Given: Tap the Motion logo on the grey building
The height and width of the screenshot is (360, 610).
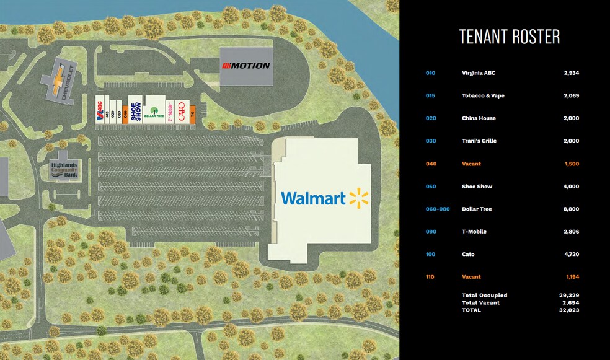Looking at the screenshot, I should pyautogui.click(x=246, y=66).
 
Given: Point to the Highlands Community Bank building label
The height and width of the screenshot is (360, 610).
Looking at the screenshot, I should pyautogui.click(x=64, y=169).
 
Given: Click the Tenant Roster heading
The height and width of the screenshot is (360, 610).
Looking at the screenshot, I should pyautogui.click(x=509, y=37).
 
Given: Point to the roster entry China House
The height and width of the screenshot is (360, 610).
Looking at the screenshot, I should pyautogui.click(x=479, y=118).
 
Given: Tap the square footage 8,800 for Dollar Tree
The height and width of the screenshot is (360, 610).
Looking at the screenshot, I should pyautogui.click(x=571, y=209).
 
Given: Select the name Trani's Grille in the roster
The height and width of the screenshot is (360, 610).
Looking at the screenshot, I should pyautogui.click(x=479, y=141).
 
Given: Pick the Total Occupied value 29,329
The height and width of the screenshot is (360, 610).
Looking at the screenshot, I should pyautogui.click(x=569, y=296).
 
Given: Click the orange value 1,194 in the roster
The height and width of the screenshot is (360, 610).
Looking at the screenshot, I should pyautogui.click(x=571, y=277).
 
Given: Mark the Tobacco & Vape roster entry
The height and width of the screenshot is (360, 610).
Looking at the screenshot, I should pyautogui.click(x=483, y=96).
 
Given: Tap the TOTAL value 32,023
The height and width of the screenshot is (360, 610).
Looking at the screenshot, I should pyautogui.click(x=569, y=310).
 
